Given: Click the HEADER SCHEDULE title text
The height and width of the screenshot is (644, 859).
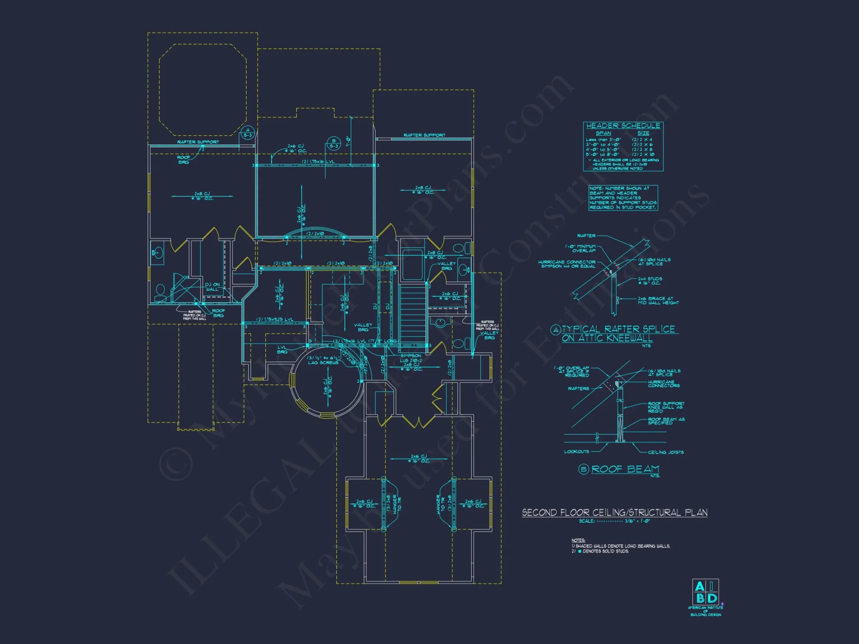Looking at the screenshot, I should point(623,126).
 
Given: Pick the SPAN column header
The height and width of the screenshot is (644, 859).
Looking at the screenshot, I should point(603,134).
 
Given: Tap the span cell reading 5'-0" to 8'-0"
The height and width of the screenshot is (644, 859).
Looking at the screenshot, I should point(603,155).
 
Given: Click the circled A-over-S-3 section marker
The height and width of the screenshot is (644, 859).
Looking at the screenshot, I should point(247,133).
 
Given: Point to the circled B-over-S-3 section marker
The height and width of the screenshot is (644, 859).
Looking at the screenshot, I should point(334,143).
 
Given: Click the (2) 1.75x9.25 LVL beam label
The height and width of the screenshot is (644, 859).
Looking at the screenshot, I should point(275,319).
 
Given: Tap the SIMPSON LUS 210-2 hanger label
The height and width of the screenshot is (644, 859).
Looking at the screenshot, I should point(411,358).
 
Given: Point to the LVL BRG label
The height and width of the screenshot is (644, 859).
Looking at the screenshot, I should point(282,349).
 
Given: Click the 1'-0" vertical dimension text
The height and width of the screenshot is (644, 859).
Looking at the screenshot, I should point(348,141).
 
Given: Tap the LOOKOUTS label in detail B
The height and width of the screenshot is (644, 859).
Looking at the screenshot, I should point(576,452).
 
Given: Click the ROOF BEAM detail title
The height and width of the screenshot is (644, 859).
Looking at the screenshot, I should point(625,469).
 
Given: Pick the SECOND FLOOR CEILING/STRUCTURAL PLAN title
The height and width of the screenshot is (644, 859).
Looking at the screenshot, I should point(614,513).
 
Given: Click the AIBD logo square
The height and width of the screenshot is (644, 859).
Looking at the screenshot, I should point(705,592).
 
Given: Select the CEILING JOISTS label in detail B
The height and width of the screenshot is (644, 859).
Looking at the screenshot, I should point(666,452).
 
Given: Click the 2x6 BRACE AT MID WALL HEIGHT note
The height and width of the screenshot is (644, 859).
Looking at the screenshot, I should point(658,301).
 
